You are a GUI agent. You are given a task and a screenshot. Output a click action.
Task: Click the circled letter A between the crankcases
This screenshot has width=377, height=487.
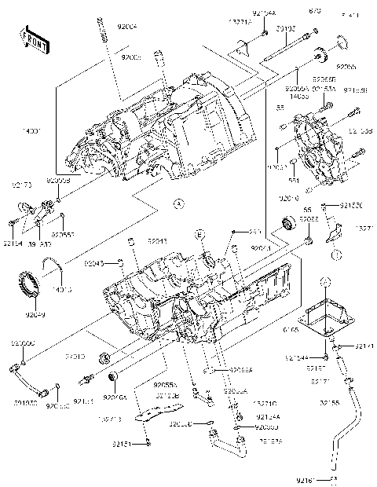[x=178, y=203]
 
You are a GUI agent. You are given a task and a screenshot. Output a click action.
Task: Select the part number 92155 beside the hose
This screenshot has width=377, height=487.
[x=330, y=402]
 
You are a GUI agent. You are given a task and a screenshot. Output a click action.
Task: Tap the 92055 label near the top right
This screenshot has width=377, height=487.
[x=346, y=68]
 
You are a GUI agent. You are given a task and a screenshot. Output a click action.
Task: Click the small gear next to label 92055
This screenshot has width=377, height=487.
[x=320, y=55]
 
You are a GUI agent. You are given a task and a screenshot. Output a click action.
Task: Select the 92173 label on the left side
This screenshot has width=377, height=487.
[x=21, y=185]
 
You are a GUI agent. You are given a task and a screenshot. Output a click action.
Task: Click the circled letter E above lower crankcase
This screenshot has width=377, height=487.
[x=200, y=236]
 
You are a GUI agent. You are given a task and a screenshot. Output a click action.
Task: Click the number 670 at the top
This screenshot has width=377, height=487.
[x=316, y=11]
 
